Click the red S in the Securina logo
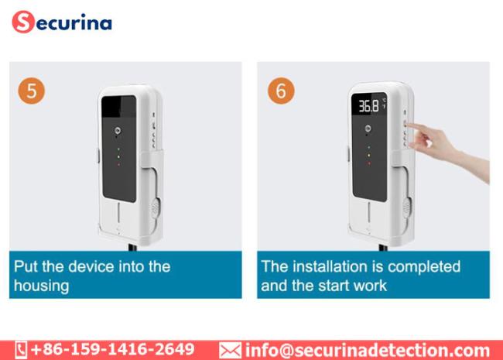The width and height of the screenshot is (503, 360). tap(22, 22)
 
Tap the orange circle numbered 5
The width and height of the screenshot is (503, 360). tap(32, 91)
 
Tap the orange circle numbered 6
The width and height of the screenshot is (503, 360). tap(281, 91)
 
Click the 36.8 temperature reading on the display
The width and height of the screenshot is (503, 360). tap(368, 106)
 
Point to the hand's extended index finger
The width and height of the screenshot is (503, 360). tap(416, 127)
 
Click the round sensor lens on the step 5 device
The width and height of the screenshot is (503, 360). tap(118, 131)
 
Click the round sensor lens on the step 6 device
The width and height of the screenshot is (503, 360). tap(368, 129)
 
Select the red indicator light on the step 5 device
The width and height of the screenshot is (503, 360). tap(118, 165)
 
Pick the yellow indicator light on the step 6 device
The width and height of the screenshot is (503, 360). tap(368, 156)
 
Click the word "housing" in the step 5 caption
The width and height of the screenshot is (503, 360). tap(41, 286)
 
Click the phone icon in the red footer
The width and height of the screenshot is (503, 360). tap(21, 350)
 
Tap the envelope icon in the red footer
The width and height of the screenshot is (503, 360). tap(230, 351)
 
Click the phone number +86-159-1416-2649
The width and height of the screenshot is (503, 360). tap(113, 349)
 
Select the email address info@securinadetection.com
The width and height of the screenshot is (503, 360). tap(368, 351)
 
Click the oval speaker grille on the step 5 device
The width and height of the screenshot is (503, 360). tap(156, 208)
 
